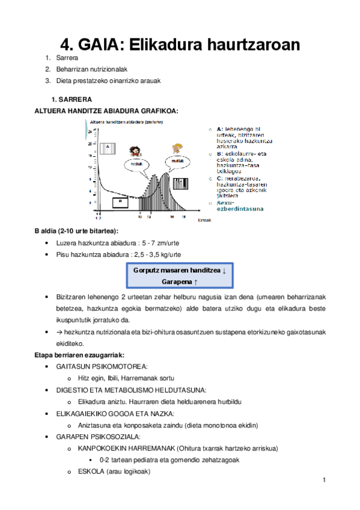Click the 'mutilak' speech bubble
coord(177,161)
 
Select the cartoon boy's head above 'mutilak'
coord(177,149)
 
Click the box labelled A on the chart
coord(108,147)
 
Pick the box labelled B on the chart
coord(120,201)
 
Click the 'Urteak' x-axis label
coord(204,221)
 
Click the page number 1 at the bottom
coord(323,481)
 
